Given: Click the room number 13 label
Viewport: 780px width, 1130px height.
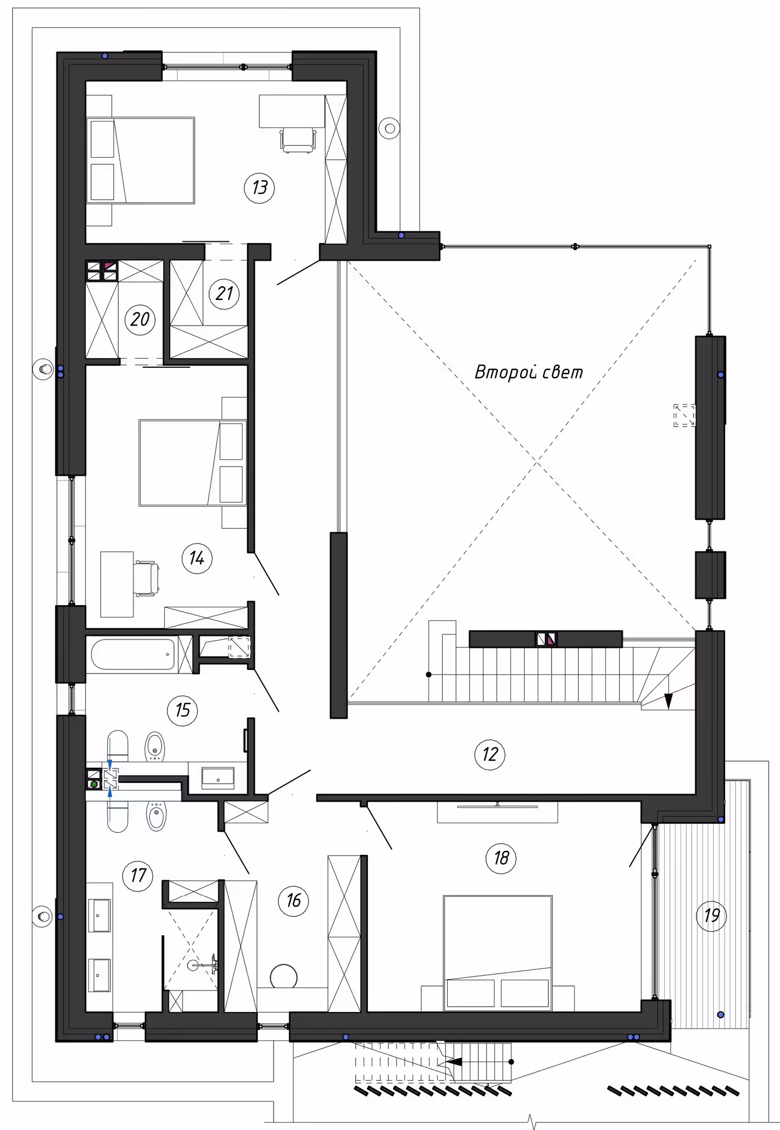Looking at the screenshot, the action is pyautogui.click(x=259, y=187).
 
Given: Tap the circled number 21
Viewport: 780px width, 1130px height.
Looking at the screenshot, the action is pyautogui.click(x=224, y=294).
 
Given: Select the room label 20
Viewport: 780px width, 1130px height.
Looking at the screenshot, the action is pyautogui.click(x=140, y=319).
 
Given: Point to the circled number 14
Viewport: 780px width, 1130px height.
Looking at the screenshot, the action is pyautogui.click(x=197, y=558).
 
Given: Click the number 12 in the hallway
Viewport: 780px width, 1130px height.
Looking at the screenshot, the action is pyautogui.click(x=490, y=754).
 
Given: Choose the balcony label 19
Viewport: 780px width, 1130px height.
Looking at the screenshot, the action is pyautogui.click(x=712, y=915).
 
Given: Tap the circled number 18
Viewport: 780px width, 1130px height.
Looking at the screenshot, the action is pyautogui.click(x=501, y=858).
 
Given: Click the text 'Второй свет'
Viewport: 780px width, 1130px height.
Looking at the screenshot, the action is pyautogui.click(x=528, y=372).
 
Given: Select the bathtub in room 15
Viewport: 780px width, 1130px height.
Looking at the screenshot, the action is pyautogui.click(x=134, y=654).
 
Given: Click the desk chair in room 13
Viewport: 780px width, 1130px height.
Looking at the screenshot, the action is pyautogui.click(x=298, y=140).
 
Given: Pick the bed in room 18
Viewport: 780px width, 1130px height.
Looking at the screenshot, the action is pyautogui.click(x=497, y=952).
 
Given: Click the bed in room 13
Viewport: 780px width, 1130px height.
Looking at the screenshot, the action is pyautogui.click(x=140, y=160).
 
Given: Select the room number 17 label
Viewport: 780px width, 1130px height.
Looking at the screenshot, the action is pyautogui.click(x=138, y=876).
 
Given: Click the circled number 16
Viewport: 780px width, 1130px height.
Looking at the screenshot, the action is pyautogui.click(x=293, y=900).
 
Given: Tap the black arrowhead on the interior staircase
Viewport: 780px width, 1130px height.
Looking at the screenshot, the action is pyautogui.click(x=669, y=701).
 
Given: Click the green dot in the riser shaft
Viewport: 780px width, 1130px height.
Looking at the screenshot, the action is pyautogui.click(x=94, y=784).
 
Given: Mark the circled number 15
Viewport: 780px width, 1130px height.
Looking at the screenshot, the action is pyautogui.click(x=183, y=710).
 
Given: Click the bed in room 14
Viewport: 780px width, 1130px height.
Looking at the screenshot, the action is pyautogui.click(x=193, y=463).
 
